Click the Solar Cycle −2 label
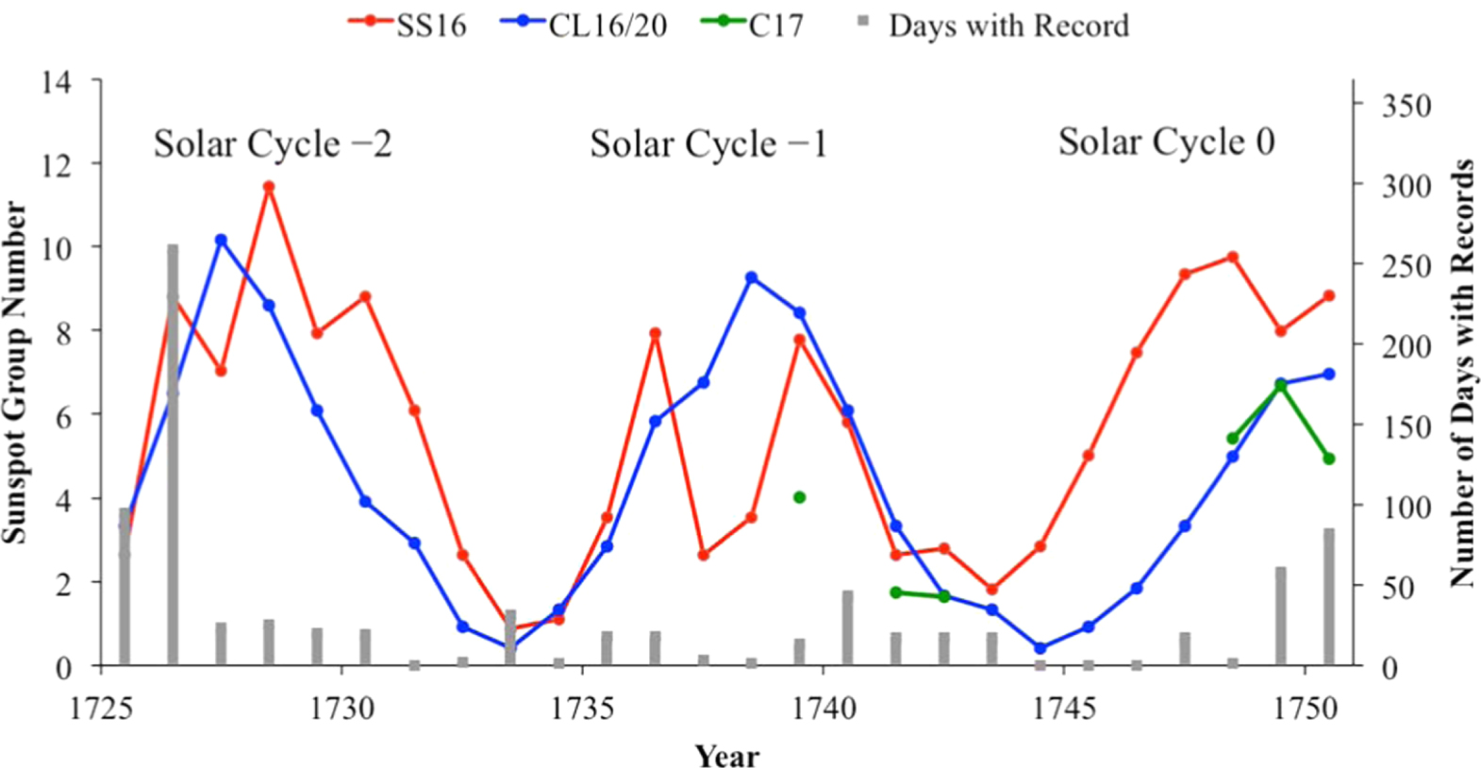pyautogui.click(x=273, y=144)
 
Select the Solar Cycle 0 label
pyautogui.click(x=1166, y=142)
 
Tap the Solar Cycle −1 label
pyautogui.click(x=707, y=144)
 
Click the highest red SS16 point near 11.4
pyautogui.click(x=269, y=187)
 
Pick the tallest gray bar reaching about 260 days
pyautogui.click(x=173, y=453)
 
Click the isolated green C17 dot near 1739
pyautogui.click(x=800, y=497)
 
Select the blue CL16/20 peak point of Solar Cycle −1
pyautogui.click(x=751, y=277)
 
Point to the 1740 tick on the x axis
pyautogui.click(x=824, y=707)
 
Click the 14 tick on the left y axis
pyautogui.click(x=56, y=83)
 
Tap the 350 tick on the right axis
pyautogui.click(x=1406, y=105)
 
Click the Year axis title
pyautogui.click(x=726, y=756)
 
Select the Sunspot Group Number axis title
pyautogui.click(x=14, y=373)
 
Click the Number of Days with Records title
pyautogui.click(x=1462, y=373)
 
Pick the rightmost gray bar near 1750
pyautogui.click(x=1329, y=596)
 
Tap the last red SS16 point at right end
pyautogui.click(x=1329, y=295)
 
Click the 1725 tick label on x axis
pyautogui.click(x=101, y=707)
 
